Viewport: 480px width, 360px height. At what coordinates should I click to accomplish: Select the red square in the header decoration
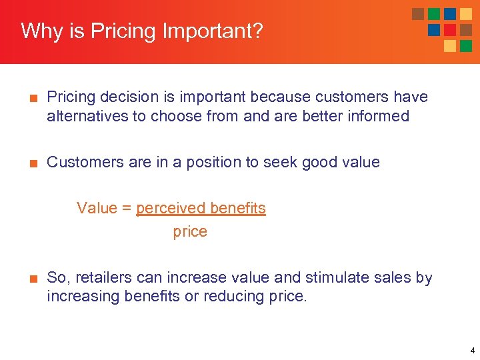[450, 30]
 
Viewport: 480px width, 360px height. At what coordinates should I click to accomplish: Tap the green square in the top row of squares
[434, 14]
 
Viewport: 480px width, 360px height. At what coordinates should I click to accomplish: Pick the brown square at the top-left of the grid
[418, 14]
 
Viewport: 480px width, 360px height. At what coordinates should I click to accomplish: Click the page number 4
[472, 350]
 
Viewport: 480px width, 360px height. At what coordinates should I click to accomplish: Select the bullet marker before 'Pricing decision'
[31, 97]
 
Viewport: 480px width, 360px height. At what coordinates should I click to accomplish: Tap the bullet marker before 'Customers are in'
[31, 163]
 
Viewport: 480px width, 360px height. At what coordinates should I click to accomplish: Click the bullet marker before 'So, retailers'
[31, 278]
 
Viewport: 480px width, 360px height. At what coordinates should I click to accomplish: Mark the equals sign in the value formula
[126, 208]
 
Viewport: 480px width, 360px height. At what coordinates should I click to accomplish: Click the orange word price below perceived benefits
[190, 232]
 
